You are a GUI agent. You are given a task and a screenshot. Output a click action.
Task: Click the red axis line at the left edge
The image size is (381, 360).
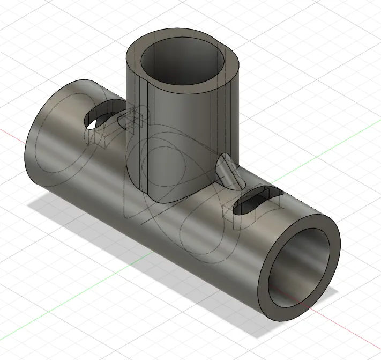[x=11, y=131]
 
